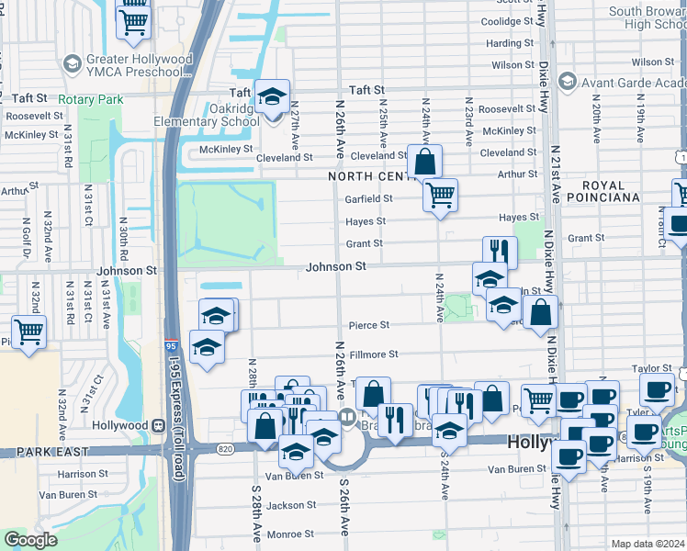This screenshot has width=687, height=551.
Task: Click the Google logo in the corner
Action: pyautogui.click(x=31, y=540)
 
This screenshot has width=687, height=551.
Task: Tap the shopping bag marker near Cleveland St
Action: pyautogui.click(x=423, y=163)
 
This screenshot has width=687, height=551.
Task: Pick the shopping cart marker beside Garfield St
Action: pyautogui.click(x=440, y=195)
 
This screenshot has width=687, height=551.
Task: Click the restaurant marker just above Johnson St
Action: pyautogui.click(x=500, y=251)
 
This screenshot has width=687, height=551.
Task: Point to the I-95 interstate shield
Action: pyautogui.click(x=173, y=345)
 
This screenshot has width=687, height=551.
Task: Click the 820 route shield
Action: pyautogui.click(x=225, y=448)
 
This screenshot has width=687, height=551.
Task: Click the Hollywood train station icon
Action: pyautogui.click(x=157, y=425)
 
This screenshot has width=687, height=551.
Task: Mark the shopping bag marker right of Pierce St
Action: pyautogui.click(x=542, y=313)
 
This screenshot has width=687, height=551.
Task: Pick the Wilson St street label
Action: pyautogui.click(x=512, y=65)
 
